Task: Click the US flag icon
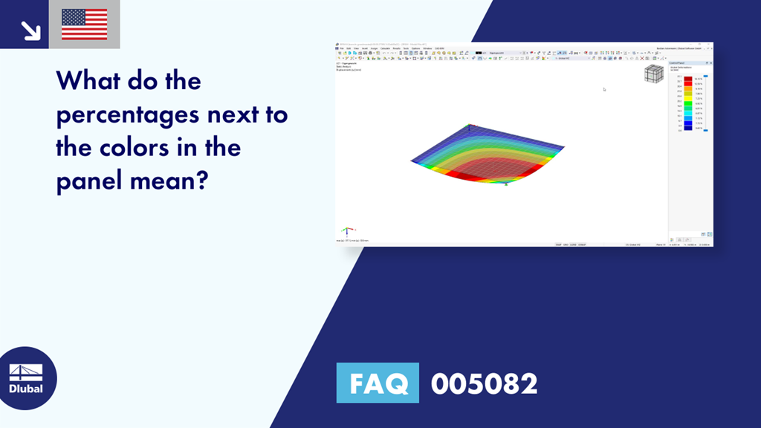(84, 25)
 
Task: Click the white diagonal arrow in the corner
(30, 30)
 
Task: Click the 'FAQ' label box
(378, 383)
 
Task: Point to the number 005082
(484, 383)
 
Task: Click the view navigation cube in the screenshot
(654, 74)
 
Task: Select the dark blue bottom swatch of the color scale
(688, 128)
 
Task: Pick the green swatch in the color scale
(688, 103)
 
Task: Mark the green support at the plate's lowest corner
(506, 184)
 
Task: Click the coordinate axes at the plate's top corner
(468, 126)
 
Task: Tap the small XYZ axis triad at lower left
(346, 231)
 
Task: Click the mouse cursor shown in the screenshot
(604, 89)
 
